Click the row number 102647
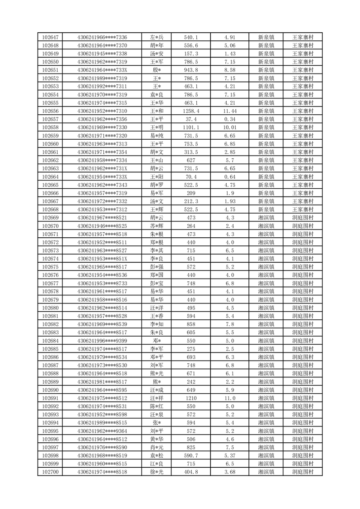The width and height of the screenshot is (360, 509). point(50,37)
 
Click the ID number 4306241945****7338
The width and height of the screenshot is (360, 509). point(102,54)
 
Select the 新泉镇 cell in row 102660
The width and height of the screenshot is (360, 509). point(266,144)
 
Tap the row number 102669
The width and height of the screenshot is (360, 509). point(50,218)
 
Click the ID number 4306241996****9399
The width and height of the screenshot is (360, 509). point(102,341)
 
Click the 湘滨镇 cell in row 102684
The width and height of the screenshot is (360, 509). point(266,341)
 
